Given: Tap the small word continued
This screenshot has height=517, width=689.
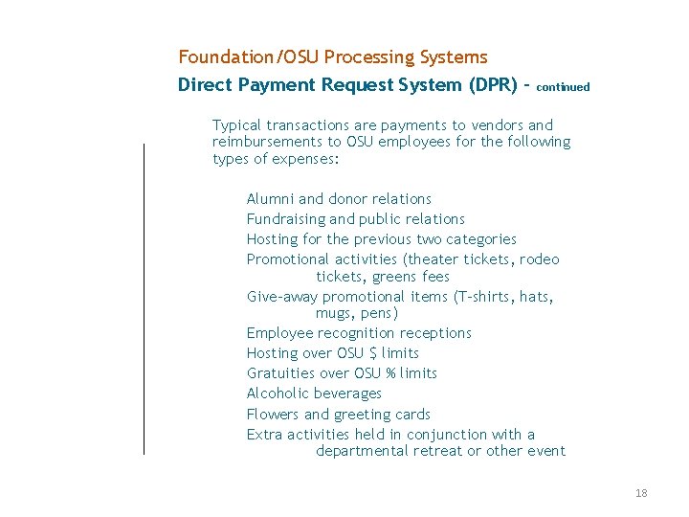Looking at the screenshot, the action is point(564,86).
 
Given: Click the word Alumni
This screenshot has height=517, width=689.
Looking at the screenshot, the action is point(270,199).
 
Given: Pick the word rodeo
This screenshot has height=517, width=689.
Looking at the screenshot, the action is point(541,259).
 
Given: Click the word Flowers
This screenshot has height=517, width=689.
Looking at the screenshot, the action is point(273,415).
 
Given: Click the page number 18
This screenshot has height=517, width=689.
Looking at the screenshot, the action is point(641,493).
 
